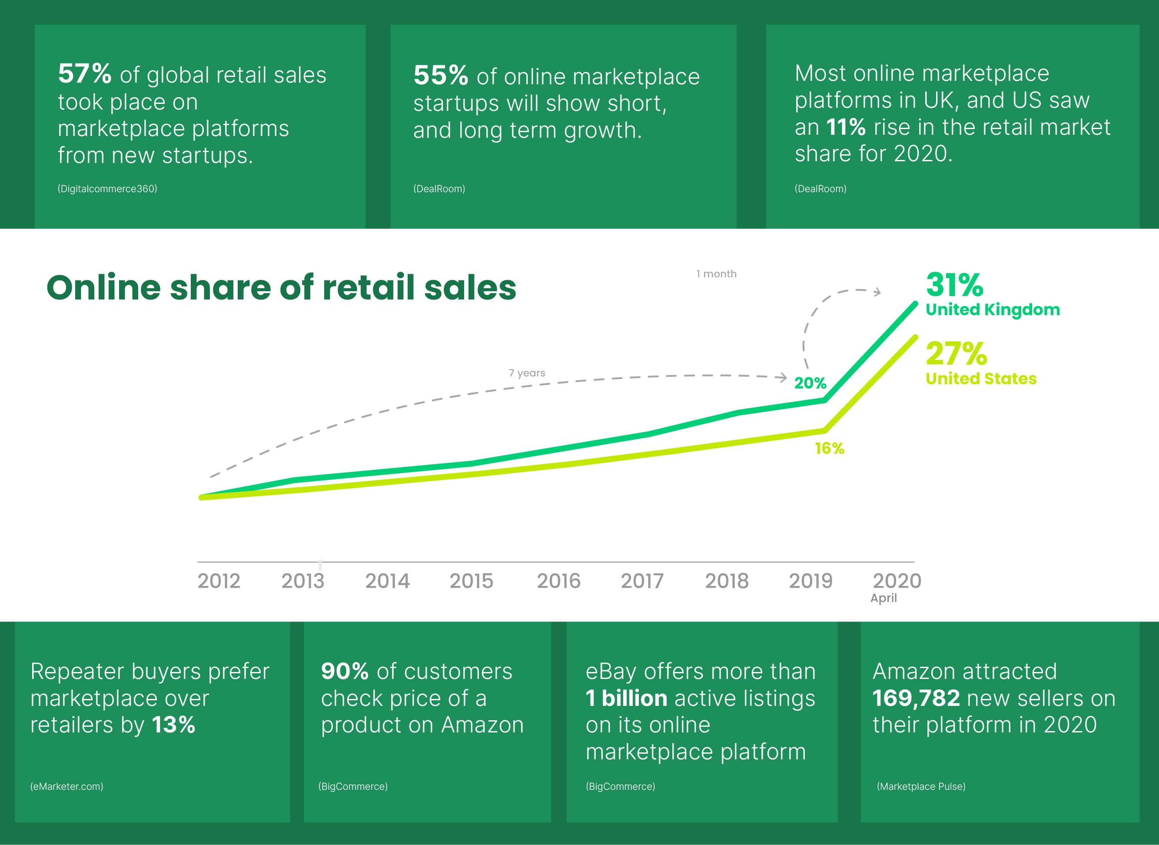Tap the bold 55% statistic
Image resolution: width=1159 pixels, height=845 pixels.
440,75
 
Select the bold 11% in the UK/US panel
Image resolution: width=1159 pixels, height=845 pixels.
846,127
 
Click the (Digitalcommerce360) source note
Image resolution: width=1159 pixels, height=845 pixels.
107,189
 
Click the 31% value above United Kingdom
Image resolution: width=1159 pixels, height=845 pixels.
954,284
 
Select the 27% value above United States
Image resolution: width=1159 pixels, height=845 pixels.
956,353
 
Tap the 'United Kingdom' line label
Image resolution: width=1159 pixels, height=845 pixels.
992,309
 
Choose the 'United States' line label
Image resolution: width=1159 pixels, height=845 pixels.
980,379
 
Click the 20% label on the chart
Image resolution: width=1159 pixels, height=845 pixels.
810,383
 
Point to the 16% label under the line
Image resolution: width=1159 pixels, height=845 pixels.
829,449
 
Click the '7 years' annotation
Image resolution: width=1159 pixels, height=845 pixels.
527,373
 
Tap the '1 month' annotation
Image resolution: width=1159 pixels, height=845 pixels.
716,274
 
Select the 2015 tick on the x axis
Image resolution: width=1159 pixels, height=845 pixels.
471,581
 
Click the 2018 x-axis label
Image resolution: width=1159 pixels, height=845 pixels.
727,581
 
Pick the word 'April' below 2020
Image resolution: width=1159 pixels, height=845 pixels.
883,598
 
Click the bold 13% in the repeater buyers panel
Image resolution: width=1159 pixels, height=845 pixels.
173,725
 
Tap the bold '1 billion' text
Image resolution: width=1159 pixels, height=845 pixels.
626,698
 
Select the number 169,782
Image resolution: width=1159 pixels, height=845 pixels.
916,698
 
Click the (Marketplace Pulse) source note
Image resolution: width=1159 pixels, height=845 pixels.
921,786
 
